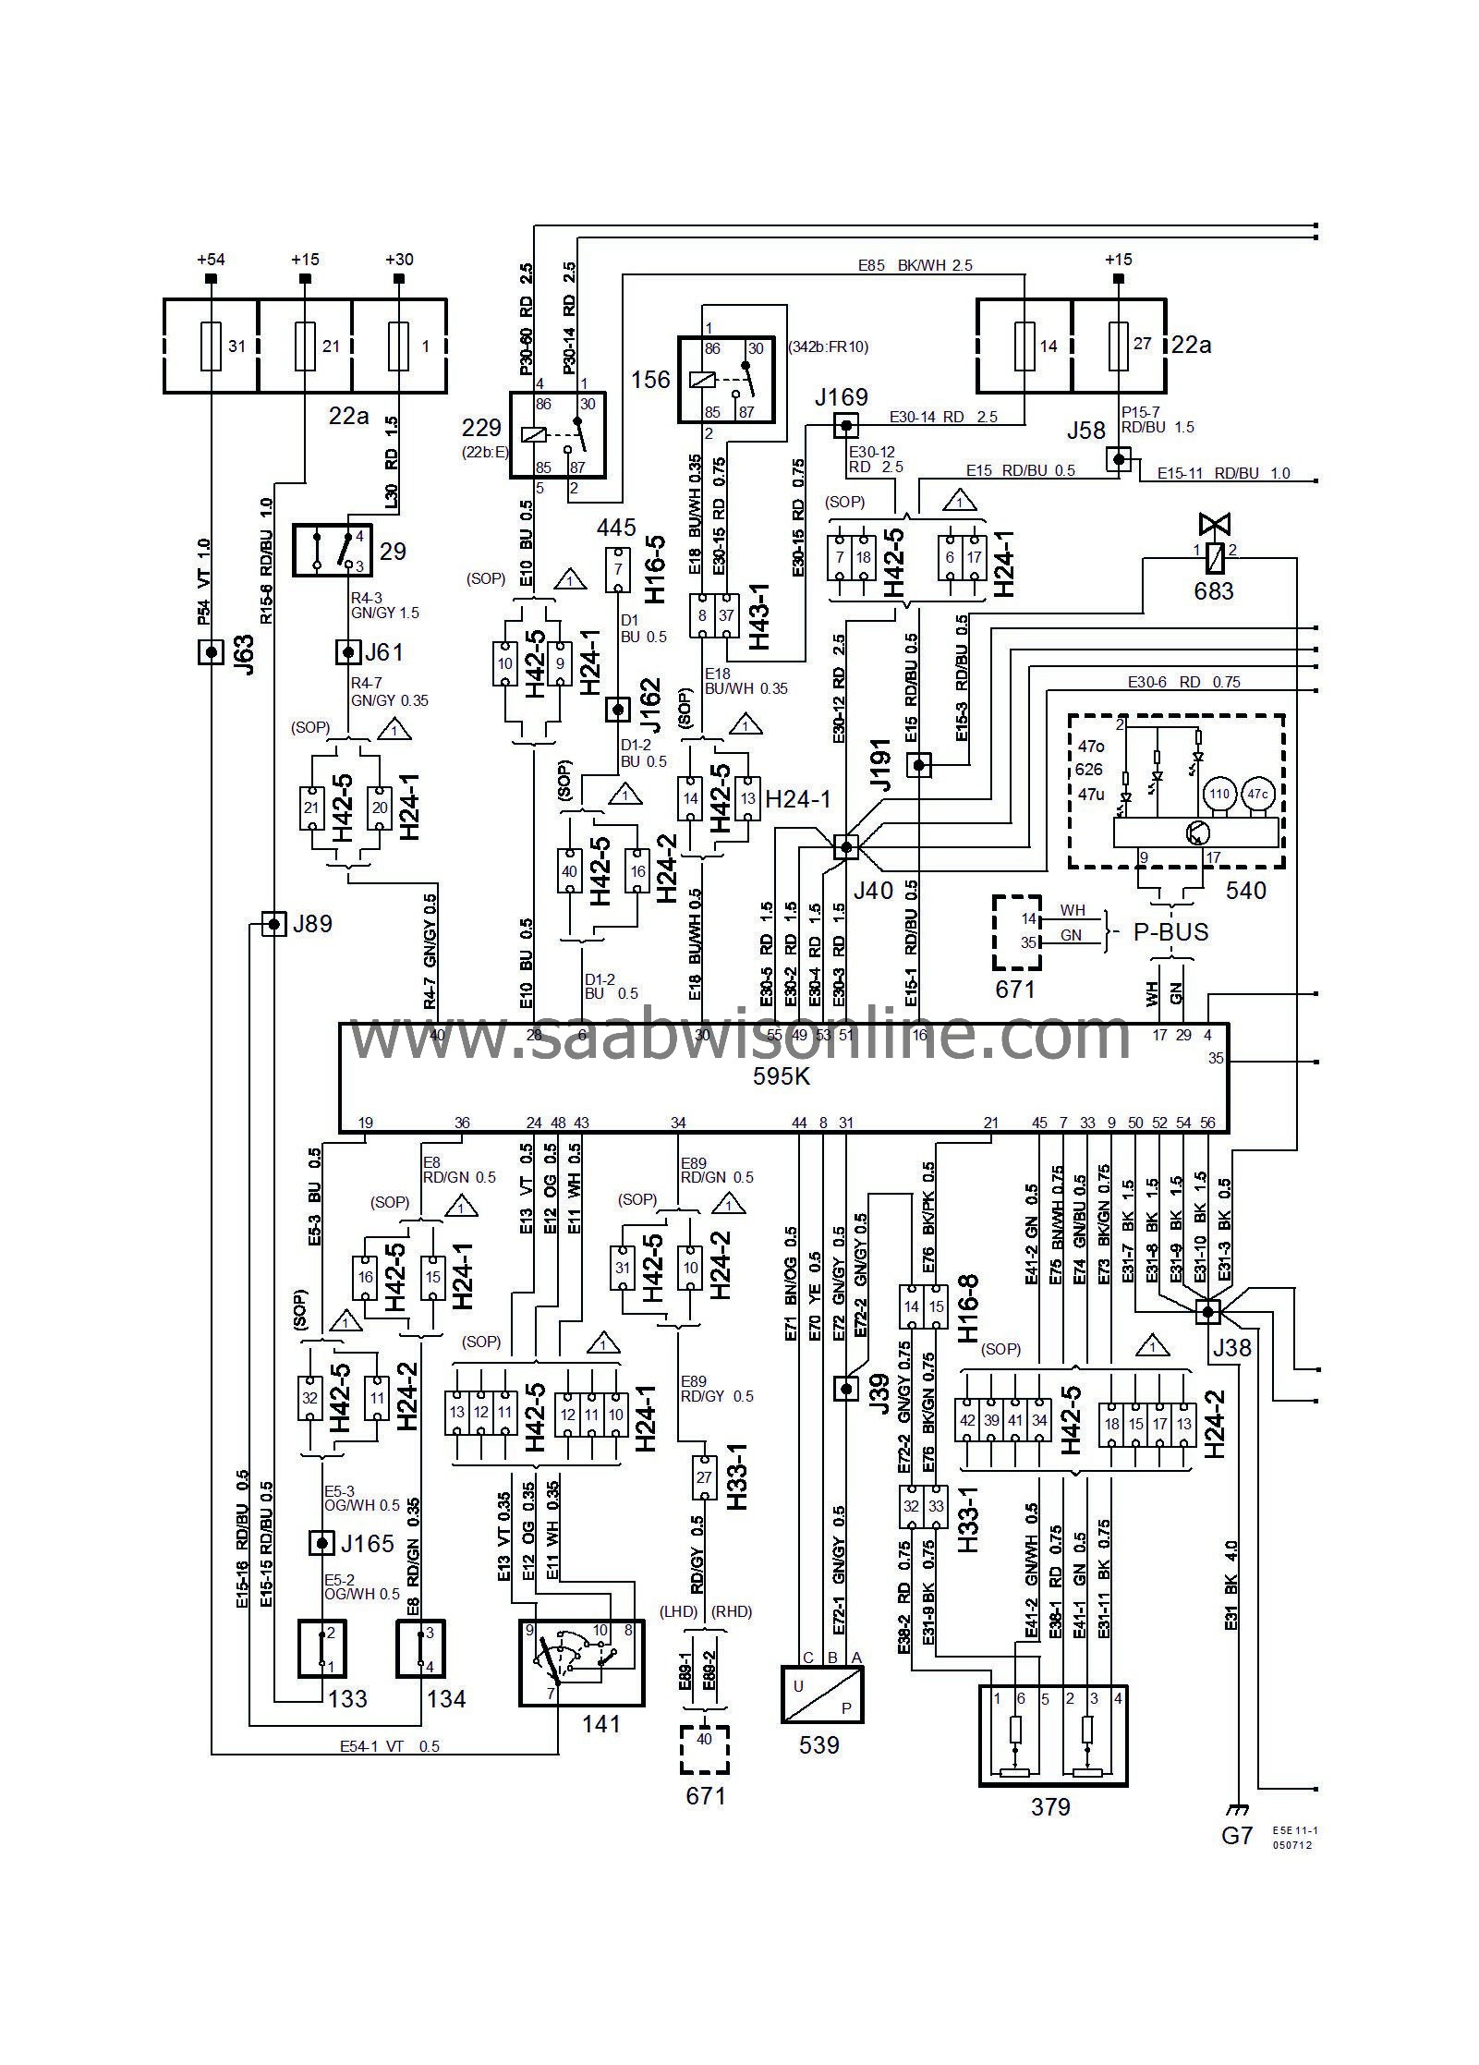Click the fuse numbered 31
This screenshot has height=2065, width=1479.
(212, 346)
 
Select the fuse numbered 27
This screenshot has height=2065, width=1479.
(1119, 346)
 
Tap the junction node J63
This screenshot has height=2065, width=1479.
(212, 652)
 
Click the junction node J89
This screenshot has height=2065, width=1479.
(273, 923)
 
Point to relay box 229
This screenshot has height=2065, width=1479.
(558, 434)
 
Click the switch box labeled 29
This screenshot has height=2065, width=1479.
(332, 550)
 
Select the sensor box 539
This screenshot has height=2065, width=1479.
(822, 1695)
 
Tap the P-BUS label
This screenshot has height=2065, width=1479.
(1170, 932)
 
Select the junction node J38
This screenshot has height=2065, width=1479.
(1207, 1311)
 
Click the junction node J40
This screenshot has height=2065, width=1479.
(845, 846)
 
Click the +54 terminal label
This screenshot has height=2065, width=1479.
(211, 260)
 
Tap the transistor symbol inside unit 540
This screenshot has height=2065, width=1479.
(1198, 832)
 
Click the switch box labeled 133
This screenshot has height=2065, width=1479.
(321, 1648)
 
